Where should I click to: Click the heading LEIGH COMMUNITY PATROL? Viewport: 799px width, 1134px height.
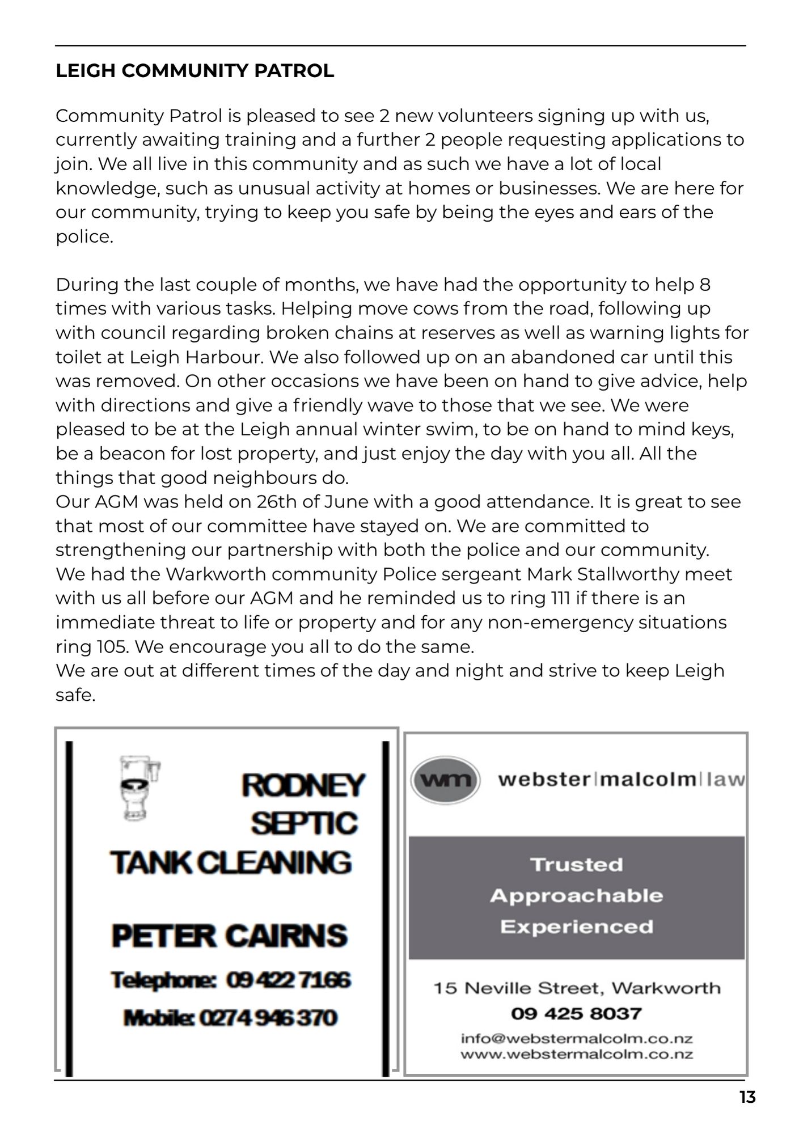[195, 71]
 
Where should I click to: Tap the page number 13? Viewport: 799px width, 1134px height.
[747, 1098]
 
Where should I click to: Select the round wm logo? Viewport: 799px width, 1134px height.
[445, 780]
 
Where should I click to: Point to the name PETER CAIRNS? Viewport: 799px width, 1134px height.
[230, 936]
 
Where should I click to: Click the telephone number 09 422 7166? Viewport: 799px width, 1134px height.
[289, 980]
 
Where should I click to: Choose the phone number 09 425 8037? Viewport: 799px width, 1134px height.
[576, 1013]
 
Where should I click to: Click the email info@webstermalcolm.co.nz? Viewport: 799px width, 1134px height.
[576, 1039]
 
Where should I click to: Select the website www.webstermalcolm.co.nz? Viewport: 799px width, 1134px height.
[576, 1054]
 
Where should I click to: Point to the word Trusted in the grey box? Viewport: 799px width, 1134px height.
[576, 865]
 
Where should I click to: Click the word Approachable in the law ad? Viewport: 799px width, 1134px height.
[576, 896]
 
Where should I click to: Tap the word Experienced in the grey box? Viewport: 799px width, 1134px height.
[576, 926]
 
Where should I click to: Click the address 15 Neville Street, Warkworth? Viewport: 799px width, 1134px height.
[576, 988]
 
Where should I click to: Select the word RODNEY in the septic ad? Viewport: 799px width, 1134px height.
[303, 785]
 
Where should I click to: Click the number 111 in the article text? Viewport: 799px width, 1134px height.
[561, 598]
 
